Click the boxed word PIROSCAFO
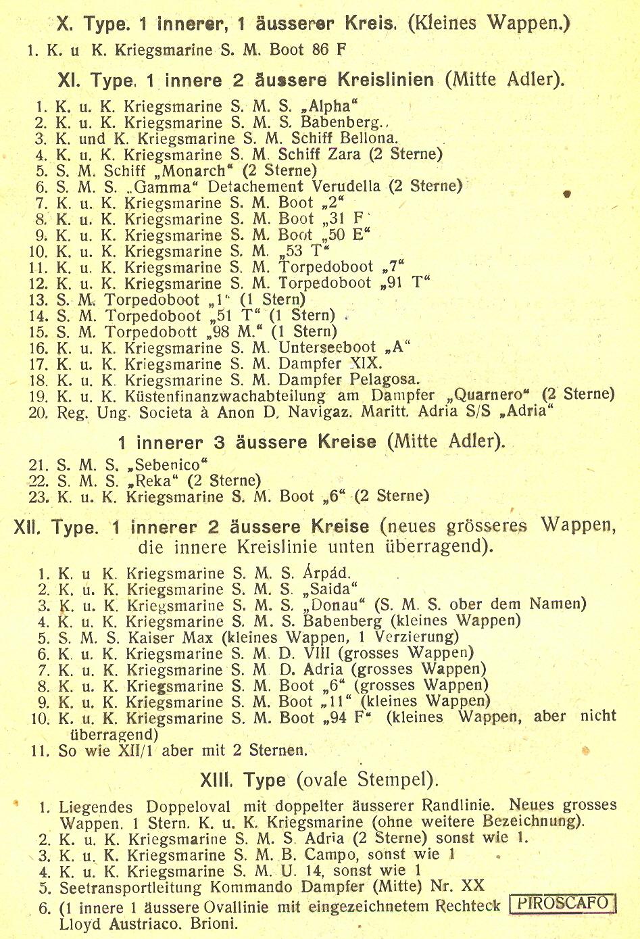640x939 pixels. point(564,904)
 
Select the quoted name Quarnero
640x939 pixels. point(489,395)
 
